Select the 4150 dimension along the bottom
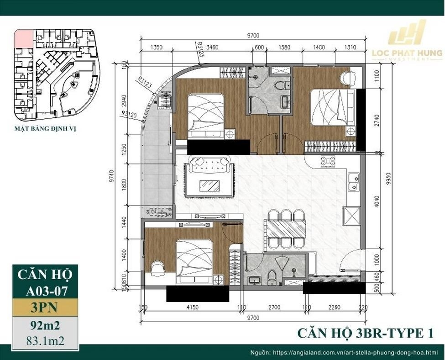[x=193, y=307]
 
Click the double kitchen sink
[x=352, y=181]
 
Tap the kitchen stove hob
[x=329, y=161]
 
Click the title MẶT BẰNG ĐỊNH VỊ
[x=45, y=129]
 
